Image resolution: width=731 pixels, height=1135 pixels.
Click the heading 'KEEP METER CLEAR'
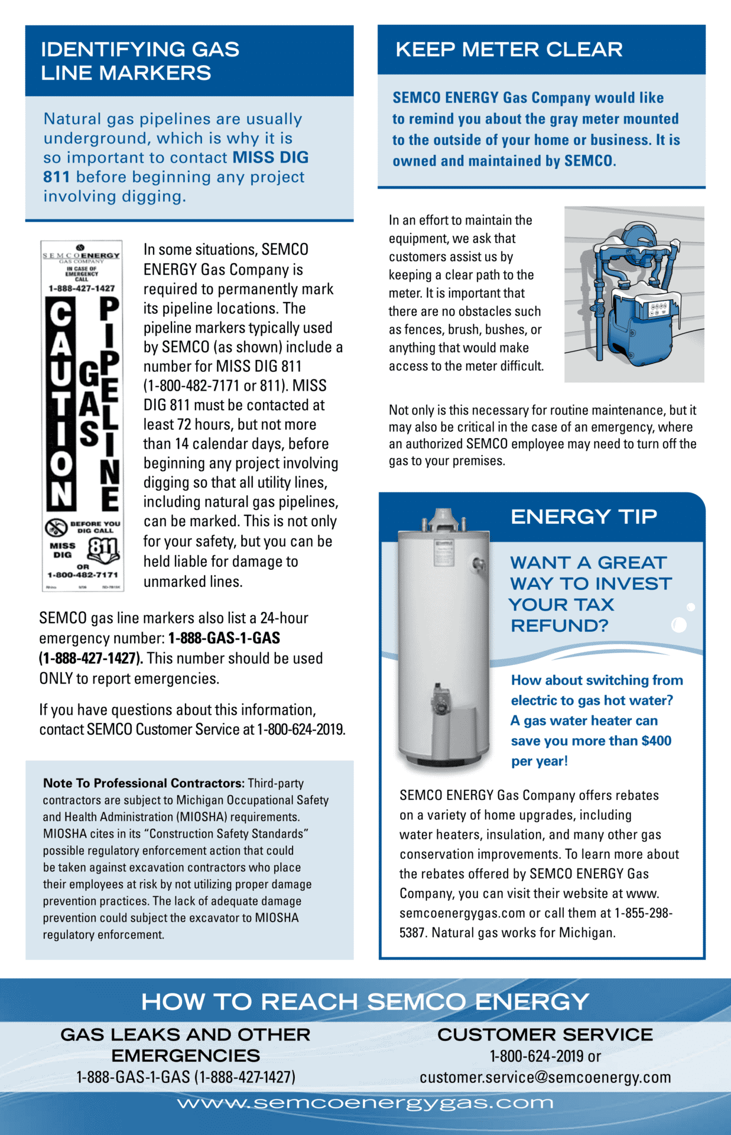click(509, 50)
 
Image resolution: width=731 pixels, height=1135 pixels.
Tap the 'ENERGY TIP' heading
click(583, 517)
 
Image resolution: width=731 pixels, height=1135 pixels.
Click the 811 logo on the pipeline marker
click(103, 549)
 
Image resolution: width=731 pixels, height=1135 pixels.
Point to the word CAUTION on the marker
click(61, 403)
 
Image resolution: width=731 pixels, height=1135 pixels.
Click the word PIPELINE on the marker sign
click(109, 403)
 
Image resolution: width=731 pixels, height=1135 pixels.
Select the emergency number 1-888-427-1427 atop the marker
click(82, 288)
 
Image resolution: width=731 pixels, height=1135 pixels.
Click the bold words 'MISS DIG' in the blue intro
click(271, 158)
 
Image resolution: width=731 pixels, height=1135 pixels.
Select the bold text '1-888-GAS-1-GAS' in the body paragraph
click(224, 638)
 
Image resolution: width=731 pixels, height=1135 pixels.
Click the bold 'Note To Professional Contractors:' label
click(144, 783)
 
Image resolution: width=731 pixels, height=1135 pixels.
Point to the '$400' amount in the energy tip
click(656, 741)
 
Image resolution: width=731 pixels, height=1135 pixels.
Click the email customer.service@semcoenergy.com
click(545, 1078)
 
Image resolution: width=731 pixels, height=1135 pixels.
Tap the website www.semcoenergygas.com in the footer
click(365, 1104)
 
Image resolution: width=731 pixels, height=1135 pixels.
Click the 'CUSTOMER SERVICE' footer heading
click(545, 1035)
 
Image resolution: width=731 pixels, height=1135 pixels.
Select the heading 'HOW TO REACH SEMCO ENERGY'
click(365, 1002)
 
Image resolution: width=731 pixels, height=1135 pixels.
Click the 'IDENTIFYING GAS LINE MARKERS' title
click(140, 61)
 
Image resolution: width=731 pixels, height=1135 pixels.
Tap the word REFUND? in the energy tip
click(559, 625)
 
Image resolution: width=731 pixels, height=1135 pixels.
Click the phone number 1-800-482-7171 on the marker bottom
click(83, 575)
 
